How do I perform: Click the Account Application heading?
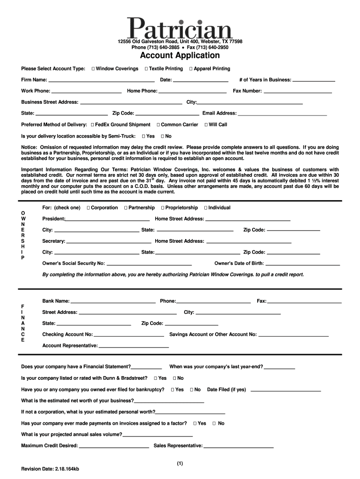(x=180, y=56)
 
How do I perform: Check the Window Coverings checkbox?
(x=93, y=69)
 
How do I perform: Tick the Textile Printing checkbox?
(x=146, y=69)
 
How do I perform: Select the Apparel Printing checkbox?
(x=191, y=69)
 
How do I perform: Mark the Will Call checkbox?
(x=206, y=125)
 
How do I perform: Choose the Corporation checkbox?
(x=88, y=208)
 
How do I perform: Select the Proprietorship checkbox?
(x=163, y=208)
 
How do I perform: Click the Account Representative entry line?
(x=134, y=347)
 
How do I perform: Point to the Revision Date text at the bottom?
(x=50, y=469)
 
